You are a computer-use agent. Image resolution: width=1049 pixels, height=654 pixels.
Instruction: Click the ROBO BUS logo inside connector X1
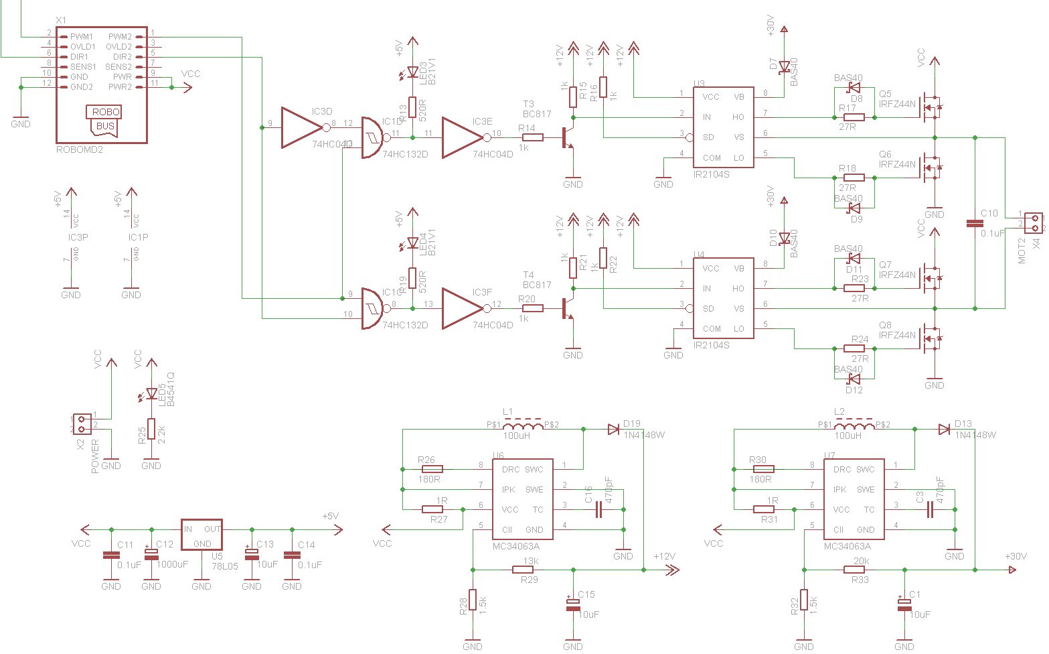point(105,119)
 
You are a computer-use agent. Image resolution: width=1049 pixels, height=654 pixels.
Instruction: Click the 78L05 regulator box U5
point(201,535)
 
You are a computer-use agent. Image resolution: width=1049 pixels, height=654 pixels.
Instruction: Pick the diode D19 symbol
point(613,430)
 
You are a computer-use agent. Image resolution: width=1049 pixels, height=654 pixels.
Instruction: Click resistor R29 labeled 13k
point(523,570)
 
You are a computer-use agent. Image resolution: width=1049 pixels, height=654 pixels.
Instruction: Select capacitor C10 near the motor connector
point(975,223)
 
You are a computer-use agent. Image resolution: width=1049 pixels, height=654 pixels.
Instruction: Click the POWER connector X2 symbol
point(82,424)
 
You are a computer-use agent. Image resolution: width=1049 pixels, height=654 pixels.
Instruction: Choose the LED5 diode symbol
point(151,394)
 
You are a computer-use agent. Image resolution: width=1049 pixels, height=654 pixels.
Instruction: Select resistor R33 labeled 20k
point(854,570)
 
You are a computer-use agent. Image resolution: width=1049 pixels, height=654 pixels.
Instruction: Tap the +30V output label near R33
point(1016,556)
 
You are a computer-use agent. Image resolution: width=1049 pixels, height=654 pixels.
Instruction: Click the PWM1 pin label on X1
point(82,36)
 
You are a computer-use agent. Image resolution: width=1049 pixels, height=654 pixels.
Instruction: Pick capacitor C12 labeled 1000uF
point(151,553)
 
